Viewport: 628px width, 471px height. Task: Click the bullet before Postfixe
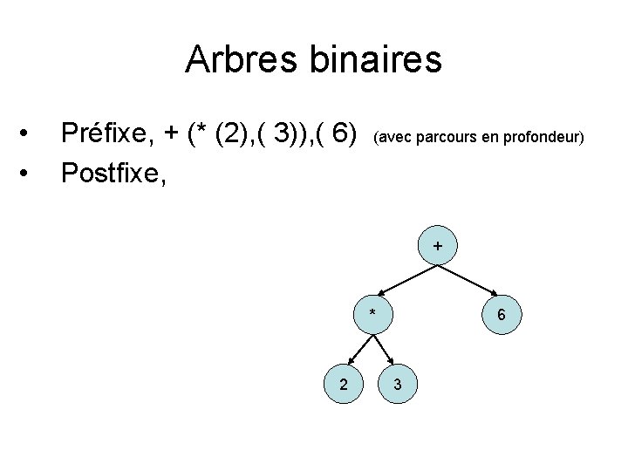pos(30,173)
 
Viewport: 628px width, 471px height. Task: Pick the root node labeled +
pos(437,247)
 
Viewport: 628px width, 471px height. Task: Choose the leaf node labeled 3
pos(398,384)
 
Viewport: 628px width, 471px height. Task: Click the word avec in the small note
pos(392,137)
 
